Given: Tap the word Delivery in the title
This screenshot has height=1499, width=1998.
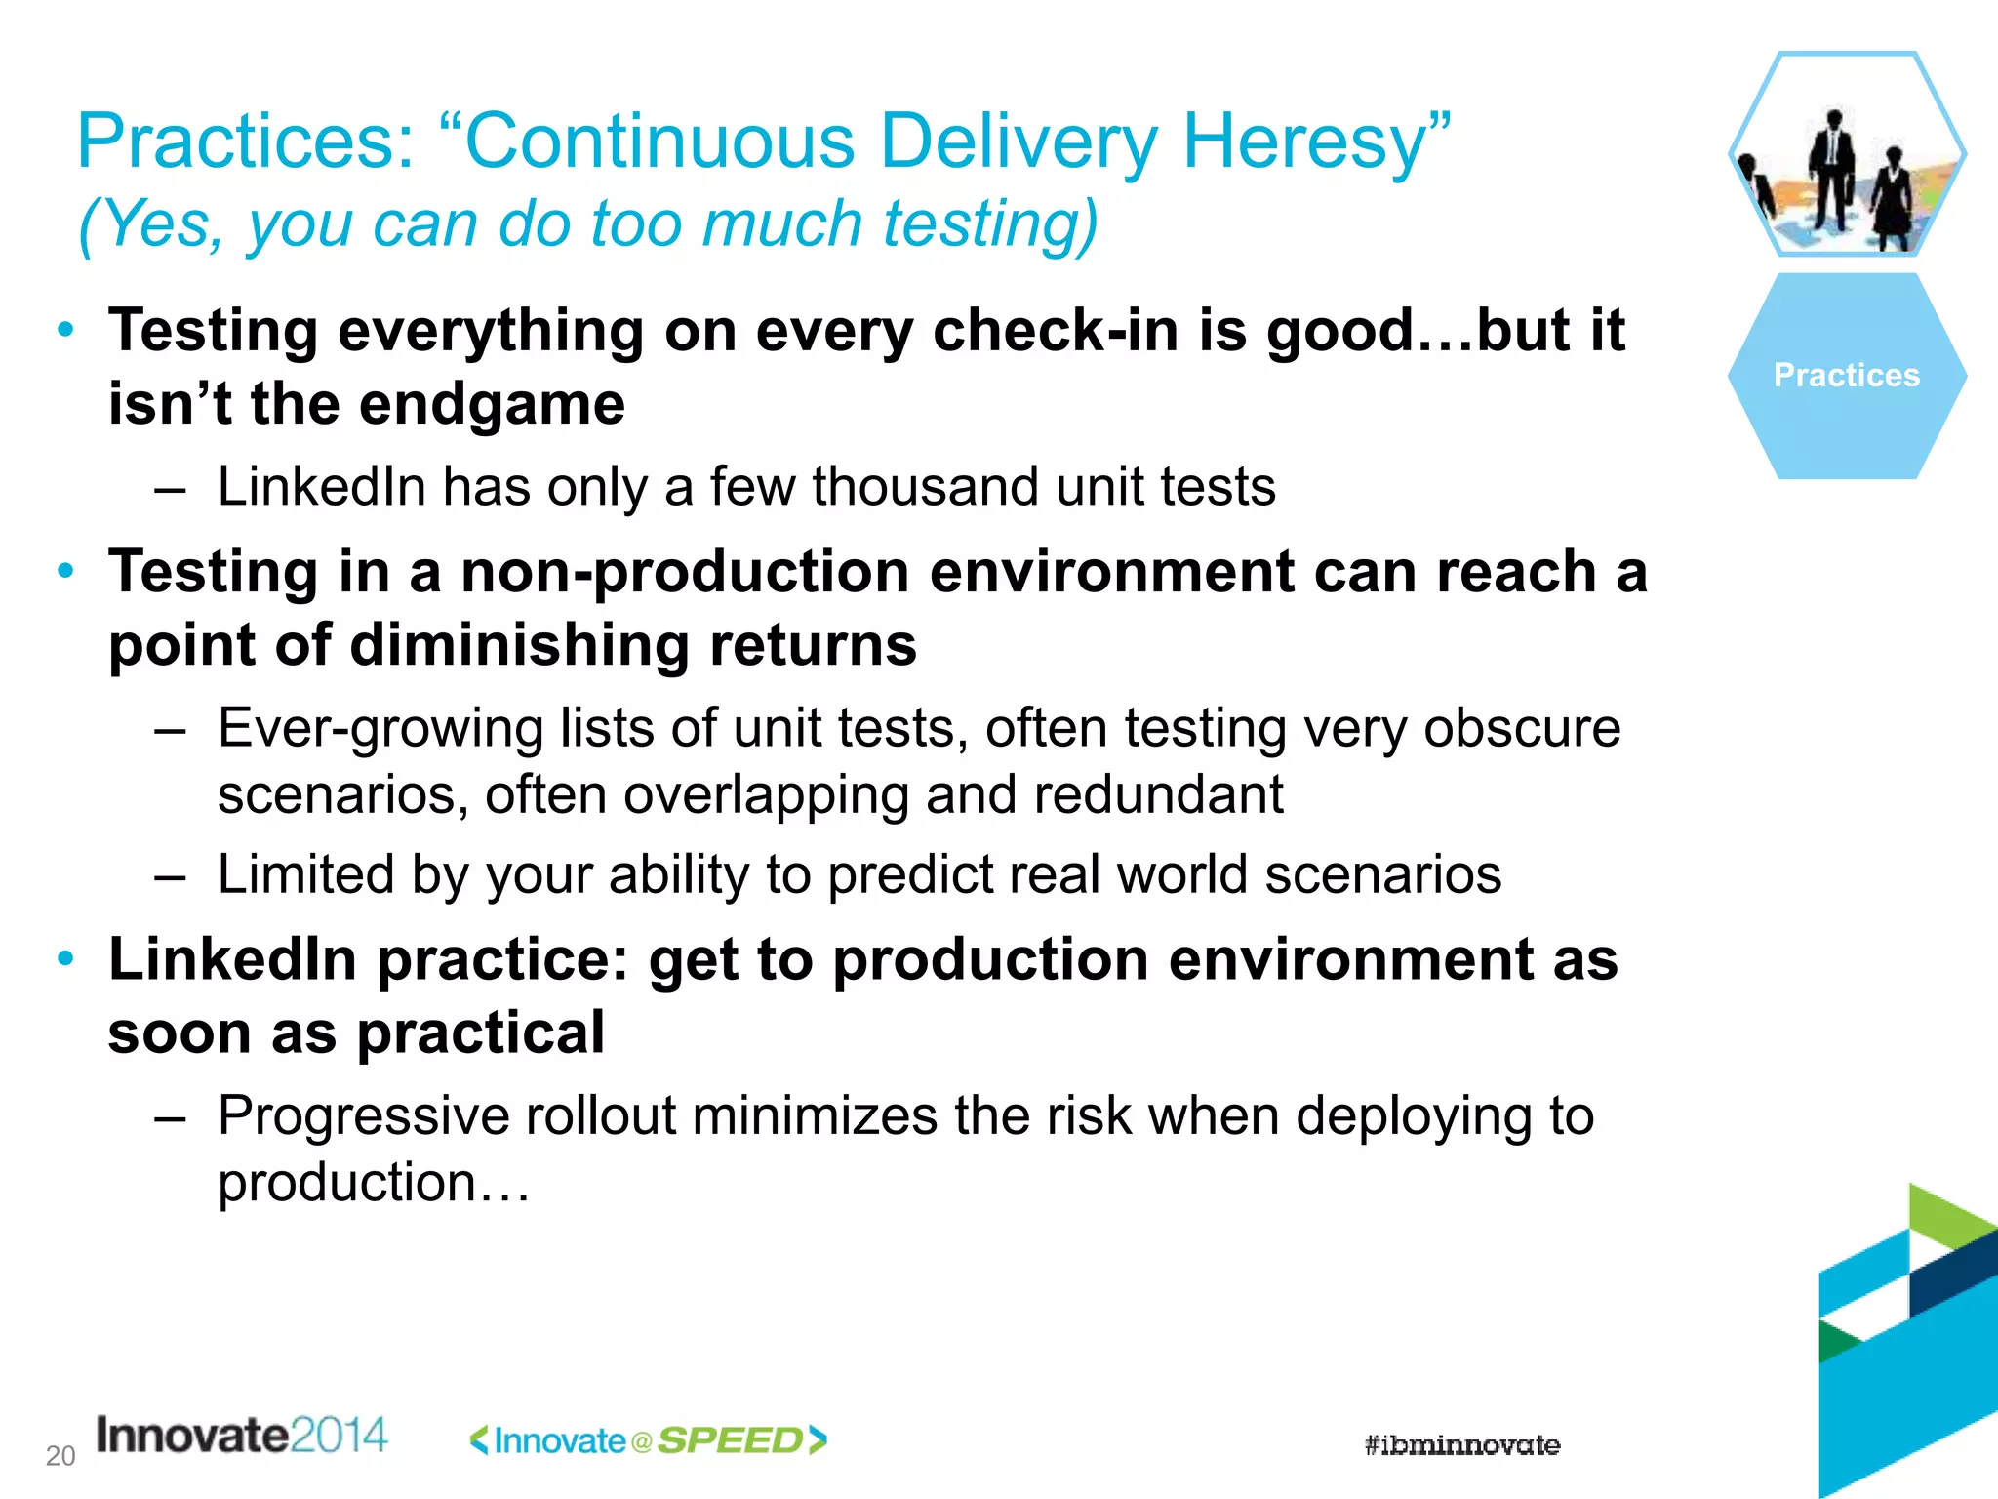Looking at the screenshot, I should [x=1019, y=142].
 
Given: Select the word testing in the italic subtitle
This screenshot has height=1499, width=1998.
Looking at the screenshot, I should [x=989, y=223].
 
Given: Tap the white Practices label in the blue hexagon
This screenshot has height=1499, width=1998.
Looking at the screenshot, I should [x=1846, y=376].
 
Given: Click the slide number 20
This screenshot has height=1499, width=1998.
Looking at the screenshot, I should [x=60, y=1456].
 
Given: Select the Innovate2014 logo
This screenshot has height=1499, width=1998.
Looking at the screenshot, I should [x=242, y=1436].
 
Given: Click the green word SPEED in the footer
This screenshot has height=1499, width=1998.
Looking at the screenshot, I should [x=730, y=1440].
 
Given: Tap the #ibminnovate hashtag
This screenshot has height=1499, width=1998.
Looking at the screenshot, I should [x=1461, y=1445].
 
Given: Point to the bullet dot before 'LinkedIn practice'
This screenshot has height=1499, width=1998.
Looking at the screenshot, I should [x=65, y=958].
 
